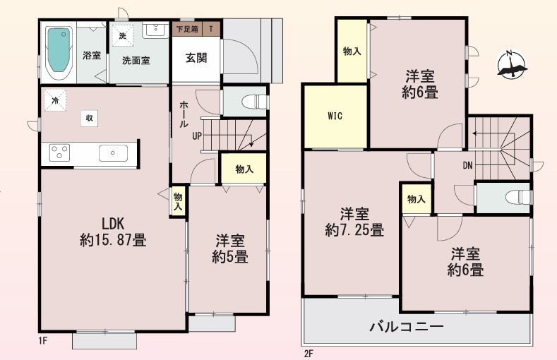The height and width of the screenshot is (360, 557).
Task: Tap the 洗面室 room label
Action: [x=136, y=61]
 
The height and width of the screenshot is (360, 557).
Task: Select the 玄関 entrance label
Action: [x=196, y=58]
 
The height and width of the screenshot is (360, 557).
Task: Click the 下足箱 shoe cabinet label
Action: [x=187, y=29]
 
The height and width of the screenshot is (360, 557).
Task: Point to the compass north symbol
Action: [x=512, y=65]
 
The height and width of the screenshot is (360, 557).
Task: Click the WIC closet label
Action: [x=335, y=116]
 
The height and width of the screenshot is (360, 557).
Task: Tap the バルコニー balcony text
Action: [x=407, y=326]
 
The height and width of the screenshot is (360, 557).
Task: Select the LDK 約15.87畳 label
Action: [x=113, y=232]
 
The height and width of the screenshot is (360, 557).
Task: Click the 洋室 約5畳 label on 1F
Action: [x=230, y=248]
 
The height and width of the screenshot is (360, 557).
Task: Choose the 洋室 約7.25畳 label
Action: [x=354, y=222]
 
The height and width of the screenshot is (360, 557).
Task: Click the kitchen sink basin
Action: [x=113, y=153]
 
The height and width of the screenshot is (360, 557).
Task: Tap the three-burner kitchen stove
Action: [x=59, y=152]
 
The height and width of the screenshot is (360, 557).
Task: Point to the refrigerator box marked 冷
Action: [x=55, y=100]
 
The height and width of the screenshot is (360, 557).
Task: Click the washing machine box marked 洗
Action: [x=123, y=35]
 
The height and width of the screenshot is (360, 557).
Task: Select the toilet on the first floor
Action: [x=255, y=102]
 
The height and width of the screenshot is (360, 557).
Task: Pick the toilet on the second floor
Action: [x=519, y=197]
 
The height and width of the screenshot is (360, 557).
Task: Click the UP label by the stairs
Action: [x=197, y=136]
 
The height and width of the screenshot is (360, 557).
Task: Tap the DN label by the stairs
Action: [x=468, y=165]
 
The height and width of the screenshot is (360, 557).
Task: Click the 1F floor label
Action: [x=43, y=341]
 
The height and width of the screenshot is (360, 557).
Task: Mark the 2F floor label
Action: [x=309, y=354]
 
